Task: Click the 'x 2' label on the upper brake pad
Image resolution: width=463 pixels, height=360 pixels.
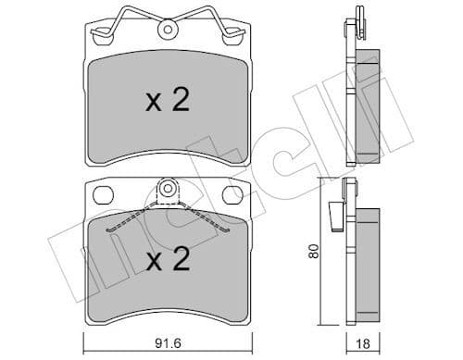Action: pyautogui.click(x=168, y=101)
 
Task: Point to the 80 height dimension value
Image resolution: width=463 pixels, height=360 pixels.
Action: pyautogui.click(x=315, y=252)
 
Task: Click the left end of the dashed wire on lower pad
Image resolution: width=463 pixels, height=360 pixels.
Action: pyautogui.click(x=109, y=228)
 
